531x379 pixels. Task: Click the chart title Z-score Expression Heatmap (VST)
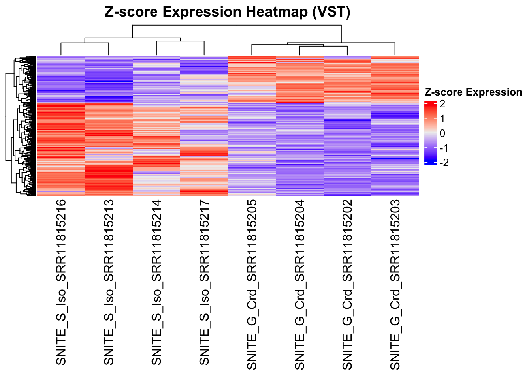(227, 12)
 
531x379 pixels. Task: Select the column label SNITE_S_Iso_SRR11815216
(61, 282)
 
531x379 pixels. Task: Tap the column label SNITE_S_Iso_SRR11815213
(109, 282)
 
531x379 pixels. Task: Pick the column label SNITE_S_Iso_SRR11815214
(156, 282)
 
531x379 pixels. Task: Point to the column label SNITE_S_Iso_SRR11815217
(204, 282)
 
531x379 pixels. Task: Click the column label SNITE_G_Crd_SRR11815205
(252, 284)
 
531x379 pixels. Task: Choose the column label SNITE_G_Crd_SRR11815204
(300, 284)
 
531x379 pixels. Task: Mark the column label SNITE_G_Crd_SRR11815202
(347, 284)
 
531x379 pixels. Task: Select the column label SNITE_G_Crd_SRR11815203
(395, 284)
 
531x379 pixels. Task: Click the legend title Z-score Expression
(473, 92)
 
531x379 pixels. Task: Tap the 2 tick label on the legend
(442, 104)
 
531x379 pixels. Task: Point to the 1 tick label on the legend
(442, 119)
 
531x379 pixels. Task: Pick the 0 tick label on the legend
(442, 133)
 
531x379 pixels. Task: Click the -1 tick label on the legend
(444, 148)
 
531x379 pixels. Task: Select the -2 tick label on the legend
(444, 163)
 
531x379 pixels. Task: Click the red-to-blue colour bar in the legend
(430, 133)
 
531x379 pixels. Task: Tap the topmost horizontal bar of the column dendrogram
(237, 25)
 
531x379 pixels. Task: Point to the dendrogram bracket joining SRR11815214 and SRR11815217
(180, 41)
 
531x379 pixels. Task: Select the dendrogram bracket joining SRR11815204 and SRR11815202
(324, 47)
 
